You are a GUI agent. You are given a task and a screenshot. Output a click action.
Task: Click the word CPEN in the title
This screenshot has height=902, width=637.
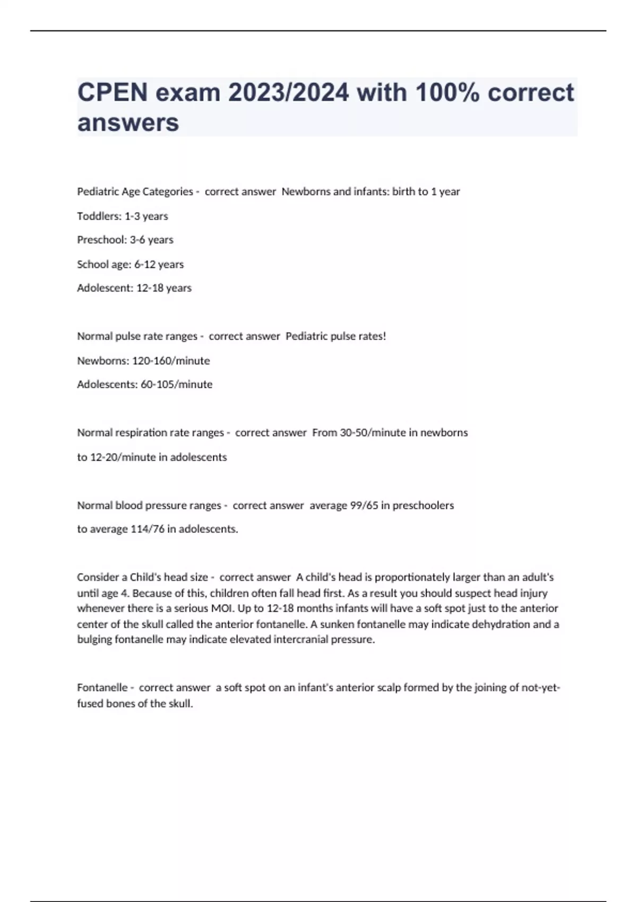coord(113,92)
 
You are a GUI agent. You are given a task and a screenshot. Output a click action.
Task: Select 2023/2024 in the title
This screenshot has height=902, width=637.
coord(288,92)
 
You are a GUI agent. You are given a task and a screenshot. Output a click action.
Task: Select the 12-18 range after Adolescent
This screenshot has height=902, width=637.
coord(150,288)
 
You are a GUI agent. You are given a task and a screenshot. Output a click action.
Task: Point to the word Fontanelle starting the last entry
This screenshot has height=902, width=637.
coord(102,688)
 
